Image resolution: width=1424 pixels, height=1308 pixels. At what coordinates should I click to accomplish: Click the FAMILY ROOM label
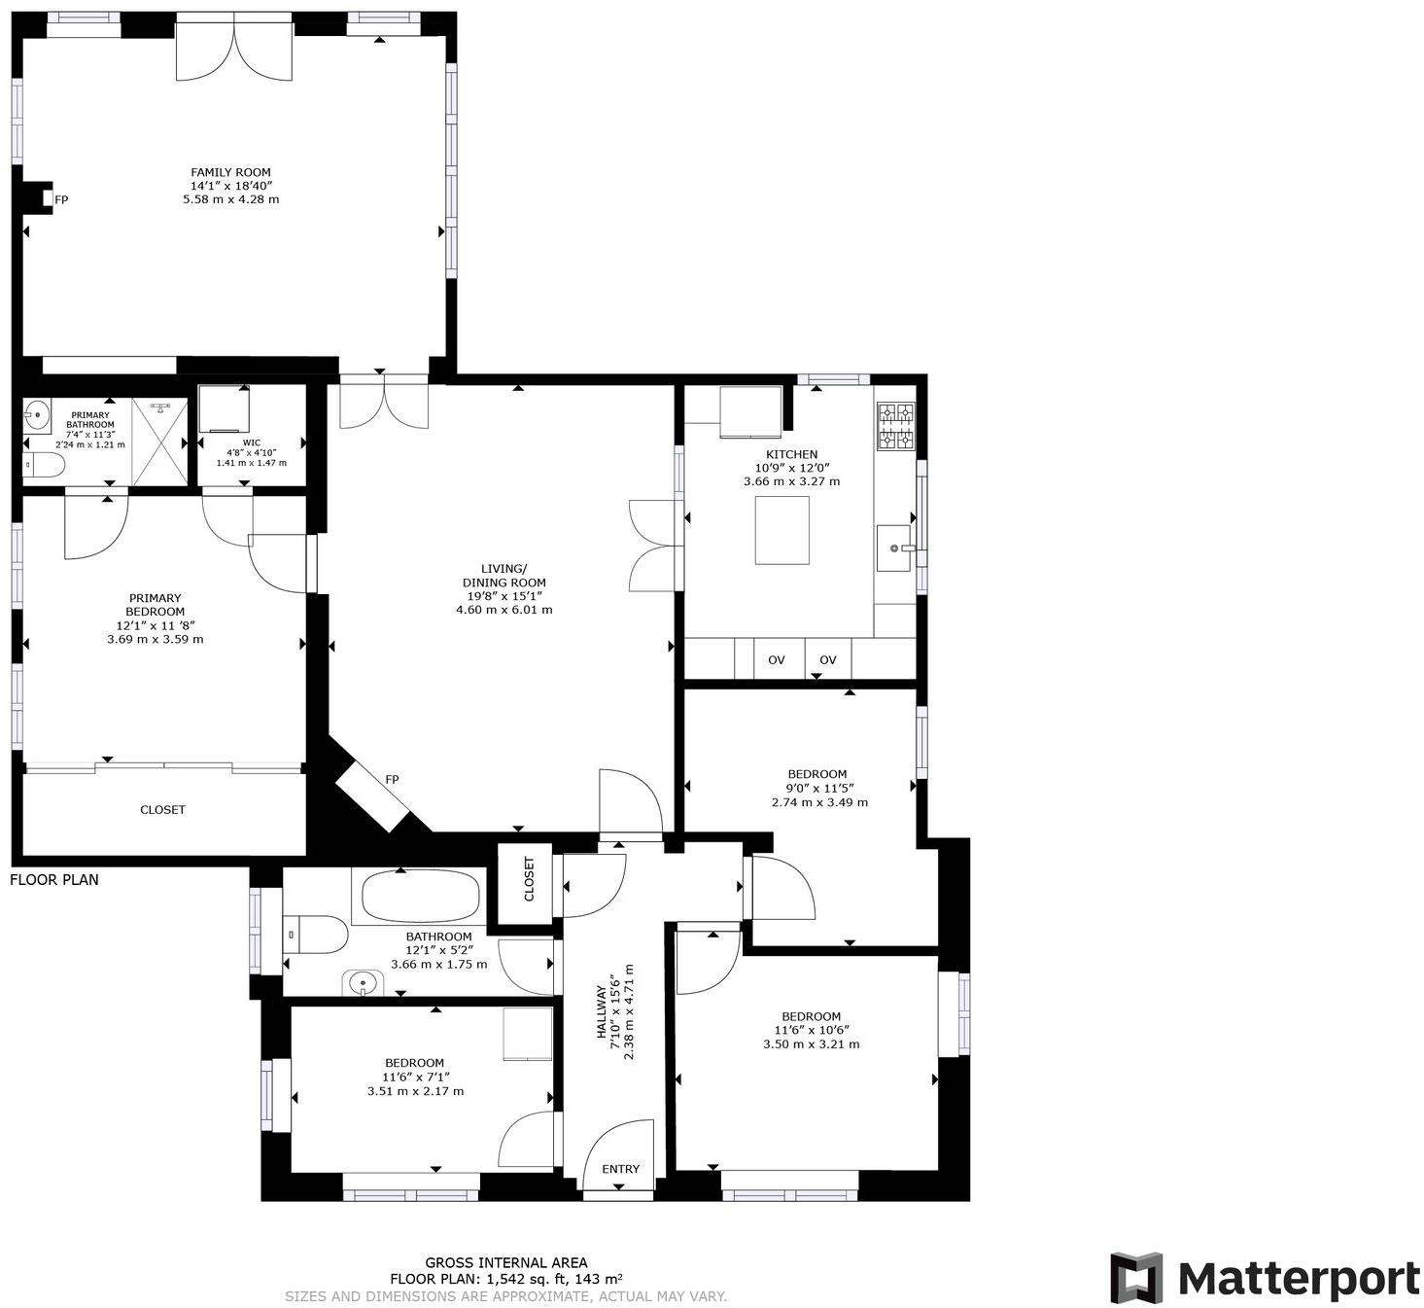point(230,172)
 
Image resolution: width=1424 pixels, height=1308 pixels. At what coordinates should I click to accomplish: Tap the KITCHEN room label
point(791,454)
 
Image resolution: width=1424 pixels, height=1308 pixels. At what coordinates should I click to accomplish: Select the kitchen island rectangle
point(782,530)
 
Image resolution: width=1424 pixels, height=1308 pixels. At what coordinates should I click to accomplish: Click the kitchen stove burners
point(896,427)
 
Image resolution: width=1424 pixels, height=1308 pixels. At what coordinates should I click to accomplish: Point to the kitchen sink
point(894,548)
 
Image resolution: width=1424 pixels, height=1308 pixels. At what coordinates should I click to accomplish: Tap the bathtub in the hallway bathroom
point(421,896)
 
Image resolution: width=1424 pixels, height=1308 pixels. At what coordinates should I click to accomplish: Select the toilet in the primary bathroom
point(43,466)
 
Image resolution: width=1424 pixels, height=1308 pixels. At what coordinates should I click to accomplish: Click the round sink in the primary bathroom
point(37,416)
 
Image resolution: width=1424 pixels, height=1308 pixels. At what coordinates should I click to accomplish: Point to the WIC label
point(251,442)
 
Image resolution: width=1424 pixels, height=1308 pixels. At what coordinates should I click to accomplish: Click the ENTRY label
point(620,1169)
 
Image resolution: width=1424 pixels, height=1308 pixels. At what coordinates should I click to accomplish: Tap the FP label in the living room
point(392,780)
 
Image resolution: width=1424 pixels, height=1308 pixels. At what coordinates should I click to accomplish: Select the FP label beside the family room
point(61,200)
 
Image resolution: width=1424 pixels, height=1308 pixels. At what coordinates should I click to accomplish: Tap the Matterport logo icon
point(1136,1278)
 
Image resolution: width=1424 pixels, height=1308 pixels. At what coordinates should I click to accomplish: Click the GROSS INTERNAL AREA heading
point(505,1263)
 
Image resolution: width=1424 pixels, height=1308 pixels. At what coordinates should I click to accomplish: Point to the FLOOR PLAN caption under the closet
point(54,880)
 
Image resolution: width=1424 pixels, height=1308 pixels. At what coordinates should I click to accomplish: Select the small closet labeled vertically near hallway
point(529,879)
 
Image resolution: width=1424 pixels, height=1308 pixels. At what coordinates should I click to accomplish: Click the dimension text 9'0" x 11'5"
point(818,789)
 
